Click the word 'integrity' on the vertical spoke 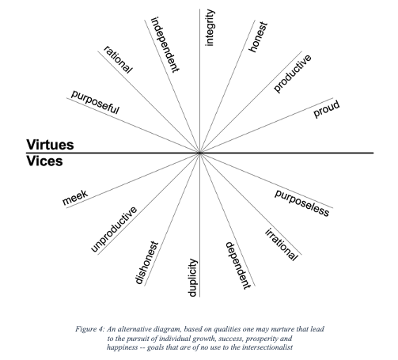210,28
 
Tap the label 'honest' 258,37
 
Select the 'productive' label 292,74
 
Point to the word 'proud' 327,108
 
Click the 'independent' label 165,44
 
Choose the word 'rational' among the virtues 118,59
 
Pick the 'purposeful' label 95,102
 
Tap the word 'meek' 75,197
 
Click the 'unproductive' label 114,229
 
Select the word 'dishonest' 146,263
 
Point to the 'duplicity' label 193,278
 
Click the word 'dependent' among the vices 237,266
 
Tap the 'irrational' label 282,244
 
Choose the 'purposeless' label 302,203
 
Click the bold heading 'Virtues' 50,145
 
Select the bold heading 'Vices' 44,161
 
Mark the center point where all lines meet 199,153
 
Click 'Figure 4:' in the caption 90,329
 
